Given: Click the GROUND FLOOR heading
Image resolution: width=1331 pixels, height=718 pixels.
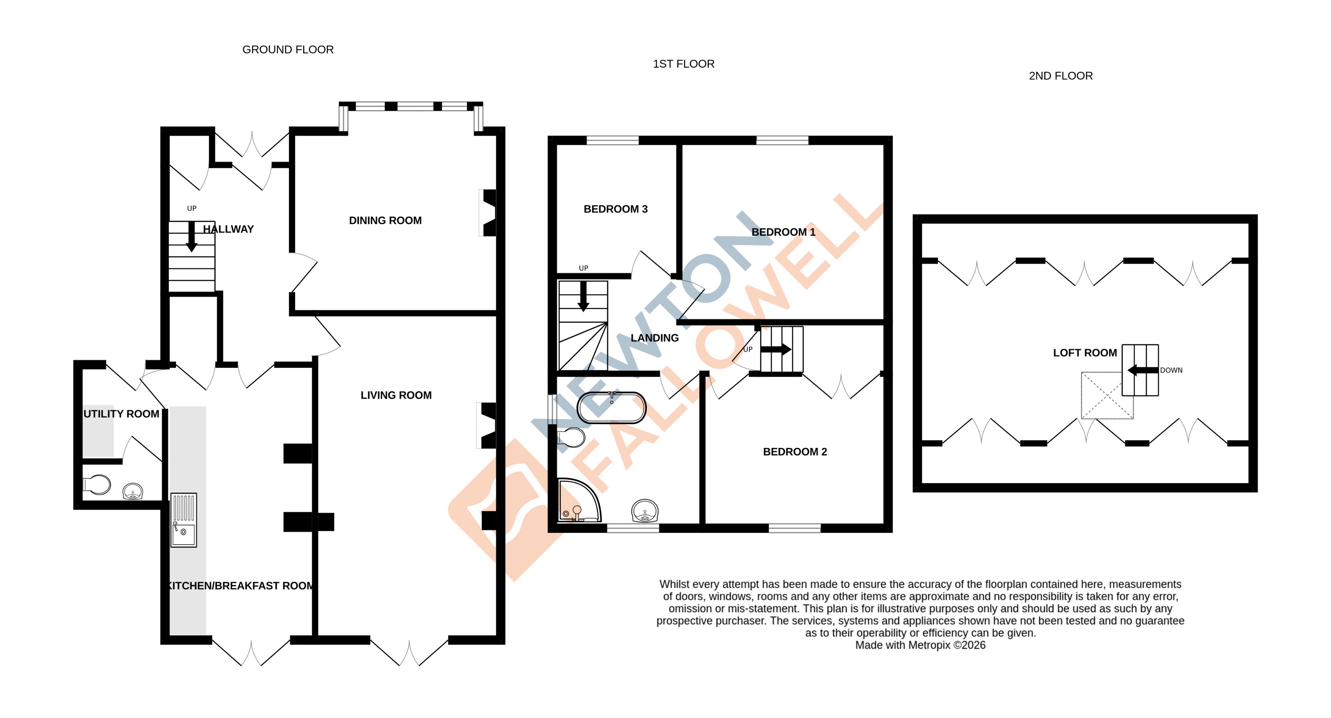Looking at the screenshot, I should tap(288, 49).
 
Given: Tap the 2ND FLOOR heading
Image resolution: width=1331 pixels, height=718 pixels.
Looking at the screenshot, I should tap(1060, 76).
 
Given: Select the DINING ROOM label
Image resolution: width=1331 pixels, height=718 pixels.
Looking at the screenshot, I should tap(385, 220).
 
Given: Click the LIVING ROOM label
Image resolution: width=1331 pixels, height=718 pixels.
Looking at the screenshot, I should tap(396, 395).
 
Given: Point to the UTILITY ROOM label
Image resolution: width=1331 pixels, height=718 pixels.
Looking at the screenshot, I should tap(121, 414).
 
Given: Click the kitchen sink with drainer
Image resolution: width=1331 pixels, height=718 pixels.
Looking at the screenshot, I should tap(183, 520).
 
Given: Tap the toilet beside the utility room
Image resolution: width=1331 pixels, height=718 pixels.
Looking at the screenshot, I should tap(97, 485).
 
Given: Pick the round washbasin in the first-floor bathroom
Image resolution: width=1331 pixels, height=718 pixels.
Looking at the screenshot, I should tap(645, 511).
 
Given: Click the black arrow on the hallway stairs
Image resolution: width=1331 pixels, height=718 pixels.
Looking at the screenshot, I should tap(192, 237).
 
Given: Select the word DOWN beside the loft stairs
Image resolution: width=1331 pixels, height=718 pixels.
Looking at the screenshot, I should tap(1171, 370).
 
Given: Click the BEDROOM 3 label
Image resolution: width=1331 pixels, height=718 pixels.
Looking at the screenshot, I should tap(615, 209).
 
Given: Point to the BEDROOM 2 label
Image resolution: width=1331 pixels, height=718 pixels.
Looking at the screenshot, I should tap(795, 452).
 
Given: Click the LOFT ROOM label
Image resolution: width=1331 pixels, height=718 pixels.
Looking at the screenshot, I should tap(1085, 353).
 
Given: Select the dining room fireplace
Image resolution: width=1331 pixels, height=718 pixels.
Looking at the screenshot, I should tap(488, 213).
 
